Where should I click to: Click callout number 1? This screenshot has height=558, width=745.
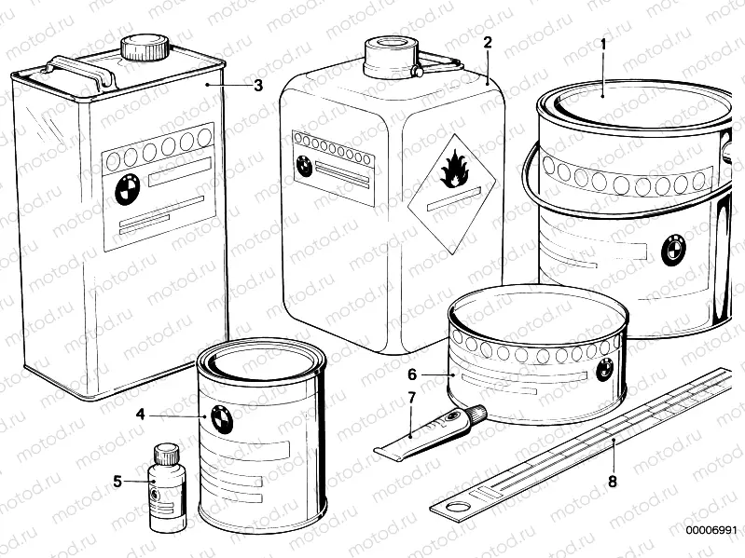pos(603,43)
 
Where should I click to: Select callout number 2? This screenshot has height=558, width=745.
pos(487,42)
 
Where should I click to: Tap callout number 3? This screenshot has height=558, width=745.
pos(258,85)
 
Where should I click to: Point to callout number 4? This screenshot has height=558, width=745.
pos(140,415)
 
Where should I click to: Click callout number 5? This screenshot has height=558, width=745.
pos(117,482)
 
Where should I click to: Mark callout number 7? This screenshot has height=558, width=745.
pos(410,400)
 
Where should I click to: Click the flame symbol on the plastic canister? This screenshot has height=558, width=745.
pos(455,170)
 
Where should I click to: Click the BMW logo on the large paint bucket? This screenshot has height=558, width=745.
pos(672,251)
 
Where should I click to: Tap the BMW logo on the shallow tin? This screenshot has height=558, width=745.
pos(603,373)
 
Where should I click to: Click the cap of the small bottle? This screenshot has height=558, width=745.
pos(165,454)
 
